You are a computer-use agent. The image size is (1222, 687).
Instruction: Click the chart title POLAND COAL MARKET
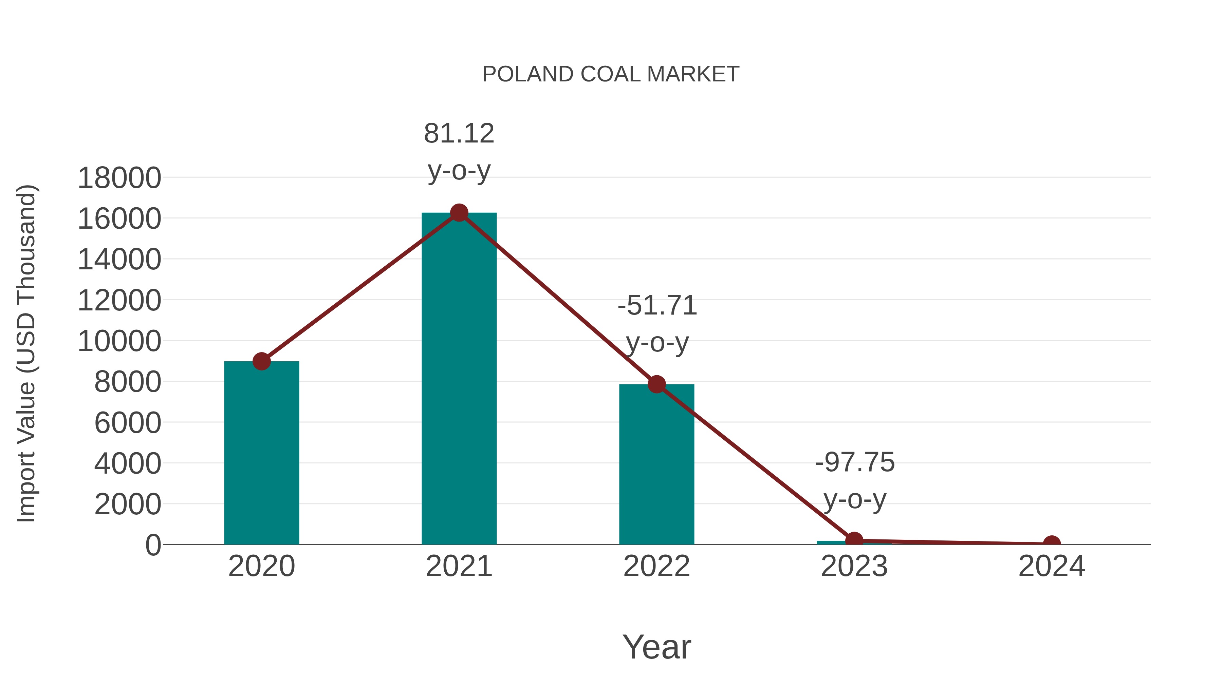611,74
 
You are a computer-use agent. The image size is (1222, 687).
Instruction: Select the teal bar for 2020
261,453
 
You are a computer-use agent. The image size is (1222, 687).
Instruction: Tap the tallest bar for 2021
459,379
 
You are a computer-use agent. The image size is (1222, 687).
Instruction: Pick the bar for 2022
656,465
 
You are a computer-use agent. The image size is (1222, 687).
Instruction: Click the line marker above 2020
261,362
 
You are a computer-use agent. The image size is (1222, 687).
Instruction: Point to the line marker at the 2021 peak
459,213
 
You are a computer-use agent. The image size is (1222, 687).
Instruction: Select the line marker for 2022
656,384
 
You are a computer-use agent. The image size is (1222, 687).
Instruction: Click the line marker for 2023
854,540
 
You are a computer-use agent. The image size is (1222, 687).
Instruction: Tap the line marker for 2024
1052,543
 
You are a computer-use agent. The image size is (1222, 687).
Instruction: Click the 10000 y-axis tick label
119,341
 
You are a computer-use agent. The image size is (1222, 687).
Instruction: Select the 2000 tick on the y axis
128,504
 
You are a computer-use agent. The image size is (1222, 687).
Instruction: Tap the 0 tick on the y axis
153,545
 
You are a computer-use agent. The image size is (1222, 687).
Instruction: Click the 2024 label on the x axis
1052,566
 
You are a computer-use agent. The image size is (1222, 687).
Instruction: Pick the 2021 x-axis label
459,566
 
